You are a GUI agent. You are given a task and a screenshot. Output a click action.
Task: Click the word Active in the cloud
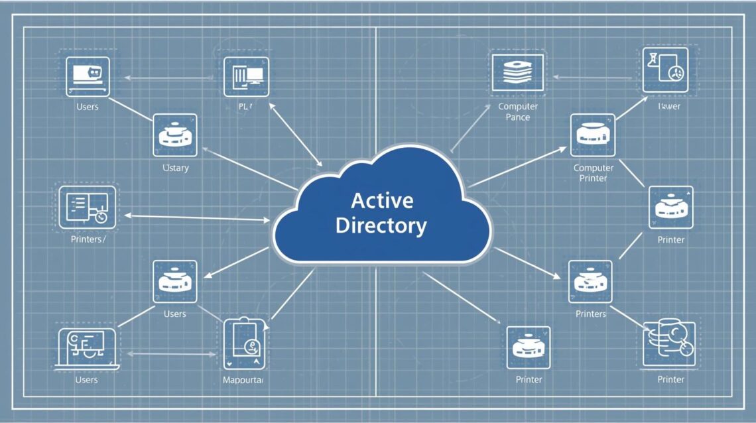(381, 200)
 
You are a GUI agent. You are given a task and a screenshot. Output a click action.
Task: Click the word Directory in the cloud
(381, 225)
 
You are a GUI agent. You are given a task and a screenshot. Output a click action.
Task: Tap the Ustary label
(175, 168)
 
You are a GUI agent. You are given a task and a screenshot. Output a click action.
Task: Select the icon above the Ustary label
(175, 135)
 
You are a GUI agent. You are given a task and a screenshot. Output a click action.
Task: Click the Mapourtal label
(243, 380)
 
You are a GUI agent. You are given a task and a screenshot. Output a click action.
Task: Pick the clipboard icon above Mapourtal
(244, 342)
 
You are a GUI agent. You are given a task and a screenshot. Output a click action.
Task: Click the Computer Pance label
(518, 111)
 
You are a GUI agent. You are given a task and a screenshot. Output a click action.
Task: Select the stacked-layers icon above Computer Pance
(518, 73)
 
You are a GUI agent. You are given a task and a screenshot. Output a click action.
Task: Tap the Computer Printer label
(594, 173)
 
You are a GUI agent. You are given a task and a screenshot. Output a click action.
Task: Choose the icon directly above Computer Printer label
(593, 135)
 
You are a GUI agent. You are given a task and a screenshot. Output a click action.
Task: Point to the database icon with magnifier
(670, 343)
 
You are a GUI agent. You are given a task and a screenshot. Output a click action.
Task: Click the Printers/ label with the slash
(88, 239)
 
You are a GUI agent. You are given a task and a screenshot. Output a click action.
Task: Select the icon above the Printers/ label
(88, 207)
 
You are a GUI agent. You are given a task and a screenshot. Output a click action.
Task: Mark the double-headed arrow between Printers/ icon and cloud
(197, 217)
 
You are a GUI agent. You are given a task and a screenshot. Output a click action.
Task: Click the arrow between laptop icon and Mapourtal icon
(171, 354)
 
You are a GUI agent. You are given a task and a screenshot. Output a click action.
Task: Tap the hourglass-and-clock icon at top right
(665, 69)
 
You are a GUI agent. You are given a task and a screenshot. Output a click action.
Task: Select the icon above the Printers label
(590, 281)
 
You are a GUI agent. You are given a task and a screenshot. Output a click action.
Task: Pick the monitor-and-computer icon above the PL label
(246, 77)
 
